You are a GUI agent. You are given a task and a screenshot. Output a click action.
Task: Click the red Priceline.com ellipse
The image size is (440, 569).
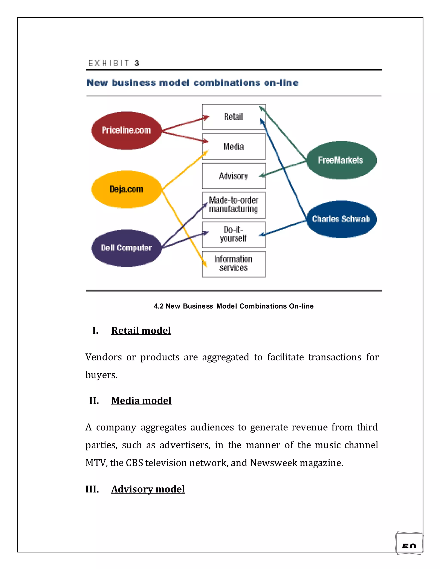pyautogui.click(x=126, y=130)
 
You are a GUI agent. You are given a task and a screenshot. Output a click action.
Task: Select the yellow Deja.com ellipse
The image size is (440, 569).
pyautogui.click(x=126, y=189)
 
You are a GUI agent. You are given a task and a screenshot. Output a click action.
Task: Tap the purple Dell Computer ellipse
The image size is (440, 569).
pyautogui.click(x=126, y=248)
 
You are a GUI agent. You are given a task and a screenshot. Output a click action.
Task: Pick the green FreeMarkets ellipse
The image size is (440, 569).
pyautogui.click(x=341, y=160)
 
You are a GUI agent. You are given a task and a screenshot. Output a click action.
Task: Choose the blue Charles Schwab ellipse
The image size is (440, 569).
pyautogui.click(x=341, y=219)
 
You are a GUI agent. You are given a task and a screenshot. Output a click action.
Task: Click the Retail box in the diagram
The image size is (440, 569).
pyautogui.click(x=234, y=117)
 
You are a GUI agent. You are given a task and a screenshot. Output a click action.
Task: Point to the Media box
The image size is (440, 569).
pyautogui.click(x=234, y=146)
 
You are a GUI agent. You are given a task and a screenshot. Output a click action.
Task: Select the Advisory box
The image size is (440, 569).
pyautogui.click(x=234, y=176)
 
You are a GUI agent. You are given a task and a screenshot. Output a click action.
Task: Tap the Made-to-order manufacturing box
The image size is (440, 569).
pyautogui.click(x=234, y=205)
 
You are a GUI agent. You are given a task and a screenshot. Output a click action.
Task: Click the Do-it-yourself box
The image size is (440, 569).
pyautogui.click(x=234, y=234)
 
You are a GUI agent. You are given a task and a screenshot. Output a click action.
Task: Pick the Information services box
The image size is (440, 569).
pyautogui.click(x=234, y=264)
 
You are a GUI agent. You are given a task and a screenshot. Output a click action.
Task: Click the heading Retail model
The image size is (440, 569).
pyautogui.click(x=141, y=331)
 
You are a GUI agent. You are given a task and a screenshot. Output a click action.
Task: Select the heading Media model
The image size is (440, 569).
pyautogui.click(x=141, y=401)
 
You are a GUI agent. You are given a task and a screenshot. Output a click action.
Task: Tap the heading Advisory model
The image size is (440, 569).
pyautogui.click(x=148, y=489)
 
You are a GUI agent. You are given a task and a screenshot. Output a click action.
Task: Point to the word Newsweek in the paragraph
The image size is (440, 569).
pyautogui.click(x=274, y=463)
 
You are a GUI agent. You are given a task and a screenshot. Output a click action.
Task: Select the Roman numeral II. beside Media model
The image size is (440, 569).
pyautogui.click(x=94, y=401)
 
